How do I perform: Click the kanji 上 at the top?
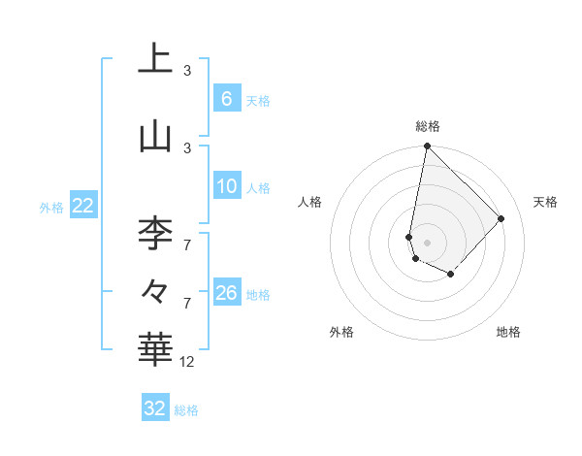[x=155, y=59]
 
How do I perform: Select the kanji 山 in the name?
[x=155, y=137]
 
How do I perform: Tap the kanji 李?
[x=155, y=234]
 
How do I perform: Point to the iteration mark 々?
[x=155, y=290]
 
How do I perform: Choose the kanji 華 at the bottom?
[x=155, y=350]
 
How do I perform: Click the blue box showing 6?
[x=226, y=99]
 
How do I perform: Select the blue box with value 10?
[x=226, y=186]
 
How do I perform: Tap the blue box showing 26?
[x=226, y=293]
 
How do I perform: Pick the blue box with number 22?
[x=82, y=206]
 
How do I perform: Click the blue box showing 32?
[x=155, y=408]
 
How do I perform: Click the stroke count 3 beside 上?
[x=187, y=71]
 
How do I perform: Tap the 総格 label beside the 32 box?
[x=186, y=410]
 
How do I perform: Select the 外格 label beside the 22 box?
[x=51, y=207]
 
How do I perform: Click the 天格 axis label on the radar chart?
[x=545, y=202]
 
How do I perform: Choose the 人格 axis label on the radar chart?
[x=310, y=202]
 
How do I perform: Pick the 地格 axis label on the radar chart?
[x=508, y=332]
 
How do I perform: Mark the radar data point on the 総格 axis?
[x=427, y=147]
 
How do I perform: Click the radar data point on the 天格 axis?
[x=501, y=218]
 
